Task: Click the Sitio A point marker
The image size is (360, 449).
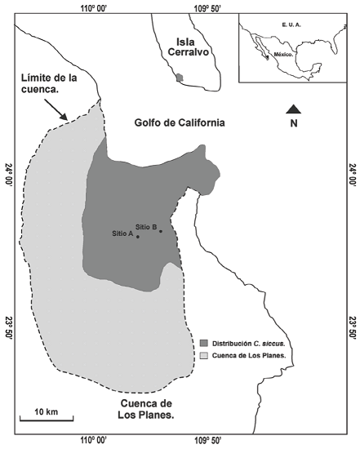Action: pyautogui.click(x=138, y=237)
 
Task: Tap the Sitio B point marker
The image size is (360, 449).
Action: pyautogui.click(x=161, y=231)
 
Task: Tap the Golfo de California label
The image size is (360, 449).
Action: pyautogui.click(x=180, y=123)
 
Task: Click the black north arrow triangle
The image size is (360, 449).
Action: pyautogui.click(x=294, y=109)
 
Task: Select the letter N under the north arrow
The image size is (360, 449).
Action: pyautogui.click(x=295, y=124)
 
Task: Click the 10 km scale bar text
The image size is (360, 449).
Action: pyautogui.click(x=46, y=410)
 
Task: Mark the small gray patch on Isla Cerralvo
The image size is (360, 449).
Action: pyautogui.click(x=180, y=78)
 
